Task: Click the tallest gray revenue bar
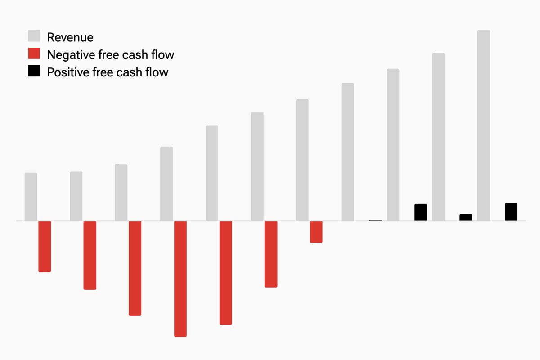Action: (x=483, y=126)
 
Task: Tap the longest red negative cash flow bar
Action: (x=180, y=279)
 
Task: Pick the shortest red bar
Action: (x=316, y=232)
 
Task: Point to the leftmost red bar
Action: (x=45, y=246)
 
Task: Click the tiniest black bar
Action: (x=375, y=220)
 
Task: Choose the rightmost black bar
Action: (x=511, y=212)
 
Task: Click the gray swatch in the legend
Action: (x=34, y=37)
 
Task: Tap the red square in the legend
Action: (x=34, y=54)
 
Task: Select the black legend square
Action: (x=34, y=71)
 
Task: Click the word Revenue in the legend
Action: (x=70, y=37)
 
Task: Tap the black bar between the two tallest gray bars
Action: (x=466, y=217)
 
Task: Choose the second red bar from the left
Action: (x=90, y=255)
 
